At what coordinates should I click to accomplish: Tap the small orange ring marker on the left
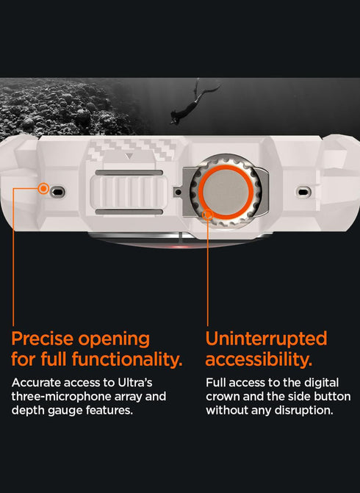coord(44,189)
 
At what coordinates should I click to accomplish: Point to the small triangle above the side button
coord(129,156)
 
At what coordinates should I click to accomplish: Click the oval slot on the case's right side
coord(303,192)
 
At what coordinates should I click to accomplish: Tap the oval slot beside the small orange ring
coord(59,192)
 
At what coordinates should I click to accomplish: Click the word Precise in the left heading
coord(48,339)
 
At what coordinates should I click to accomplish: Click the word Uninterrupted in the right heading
coord(266,339)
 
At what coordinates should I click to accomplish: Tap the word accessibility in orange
coord(258,360)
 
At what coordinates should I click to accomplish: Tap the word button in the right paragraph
coord(333,397)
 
